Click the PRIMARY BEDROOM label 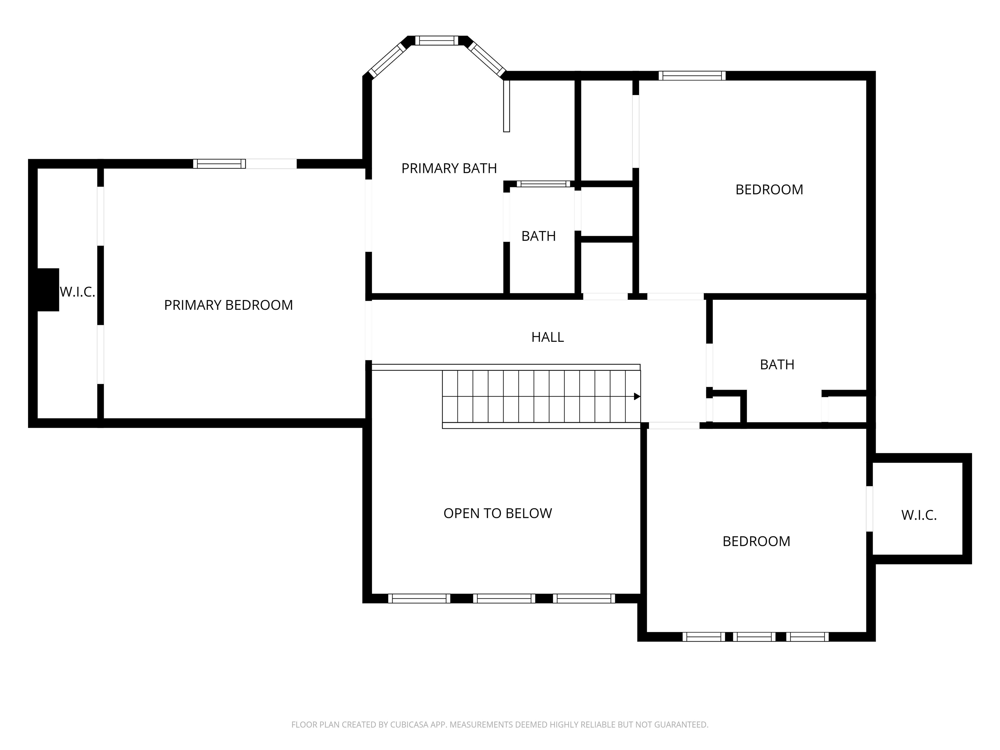(228, 305)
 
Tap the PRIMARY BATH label (449, 168)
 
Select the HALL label (548, 337)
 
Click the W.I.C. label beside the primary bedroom (77, 292)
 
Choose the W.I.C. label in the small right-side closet (919, 515)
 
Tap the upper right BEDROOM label (769, 189)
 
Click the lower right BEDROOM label (756, 541)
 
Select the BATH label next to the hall (777, 364)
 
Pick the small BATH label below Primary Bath (538, 236)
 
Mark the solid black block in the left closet (48, 290)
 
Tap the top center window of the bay (437, 41)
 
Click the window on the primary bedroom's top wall (219, 164)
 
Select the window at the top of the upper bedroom (692, 76)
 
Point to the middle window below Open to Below (504, 599)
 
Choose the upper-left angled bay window (387, 60)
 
